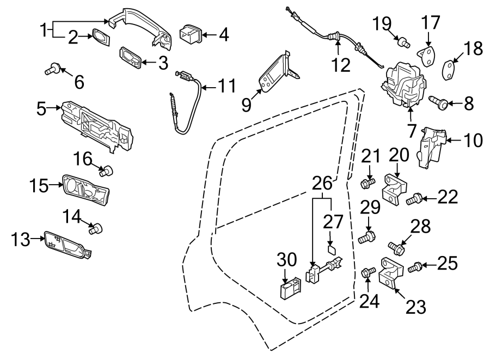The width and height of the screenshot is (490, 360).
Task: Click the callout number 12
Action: tap(341, 65)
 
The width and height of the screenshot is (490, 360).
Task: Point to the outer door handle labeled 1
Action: tap(142, 25)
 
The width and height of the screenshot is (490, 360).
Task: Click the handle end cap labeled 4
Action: tap(191, 34)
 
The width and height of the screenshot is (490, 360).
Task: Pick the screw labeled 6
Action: tap(53, 69)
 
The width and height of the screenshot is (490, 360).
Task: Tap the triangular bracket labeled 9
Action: tap(275, 74)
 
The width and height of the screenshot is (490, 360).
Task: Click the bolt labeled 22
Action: tap(415, 200)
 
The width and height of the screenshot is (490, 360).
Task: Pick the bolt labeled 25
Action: tap(415, 267)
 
